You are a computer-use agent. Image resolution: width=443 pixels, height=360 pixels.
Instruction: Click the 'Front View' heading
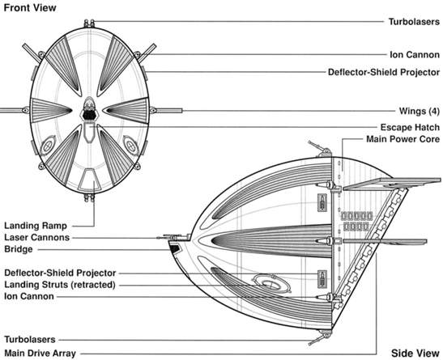coord(30,7)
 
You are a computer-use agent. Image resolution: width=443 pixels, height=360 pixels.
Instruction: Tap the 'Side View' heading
coord(415,353)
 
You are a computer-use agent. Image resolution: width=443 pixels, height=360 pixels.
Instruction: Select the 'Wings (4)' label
coord(420,111)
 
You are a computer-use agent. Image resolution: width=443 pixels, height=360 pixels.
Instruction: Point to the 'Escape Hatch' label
coord(410,127)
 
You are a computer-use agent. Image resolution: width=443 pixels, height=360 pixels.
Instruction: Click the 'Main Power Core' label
coord(403,139)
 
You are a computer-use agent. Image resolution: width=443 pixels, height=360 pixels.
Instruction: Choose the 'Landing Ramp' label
coord(36,226)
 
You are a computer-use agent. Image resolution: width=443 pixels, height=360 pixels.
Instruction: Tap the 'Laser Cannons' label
coord(36,237)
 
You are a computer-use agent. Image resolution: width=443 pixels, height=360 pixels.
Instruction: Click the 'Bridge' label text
coord(19,249)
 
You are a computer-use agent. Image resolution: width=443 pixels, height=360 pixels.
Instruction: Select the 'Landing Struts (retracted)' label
coord(60,285)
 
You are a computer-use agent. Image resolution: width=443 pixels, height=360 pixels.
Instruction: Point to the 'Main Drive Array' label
coord(40,354)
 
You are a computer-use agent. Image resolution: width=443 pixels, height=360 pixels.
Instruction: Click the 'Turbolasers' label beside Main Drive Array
coord(30,340)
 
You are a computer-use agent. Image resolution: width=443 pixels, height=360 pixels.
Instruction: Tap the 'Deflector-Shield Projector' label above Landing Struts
coord(60,273)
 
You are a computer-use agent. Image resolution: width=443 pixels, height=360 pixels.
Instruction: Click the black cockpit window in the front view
coord(89,115)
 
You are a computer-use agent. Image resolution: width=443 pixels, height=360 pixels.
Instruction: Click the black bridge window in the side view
coord(175,249)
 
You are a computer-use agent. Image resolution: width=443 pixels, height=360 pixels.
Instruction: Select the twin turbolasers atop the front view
coord(89,23)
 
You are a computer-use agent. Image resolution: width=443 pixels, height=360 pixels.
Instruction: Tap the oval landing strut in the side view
coord(271,283)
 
